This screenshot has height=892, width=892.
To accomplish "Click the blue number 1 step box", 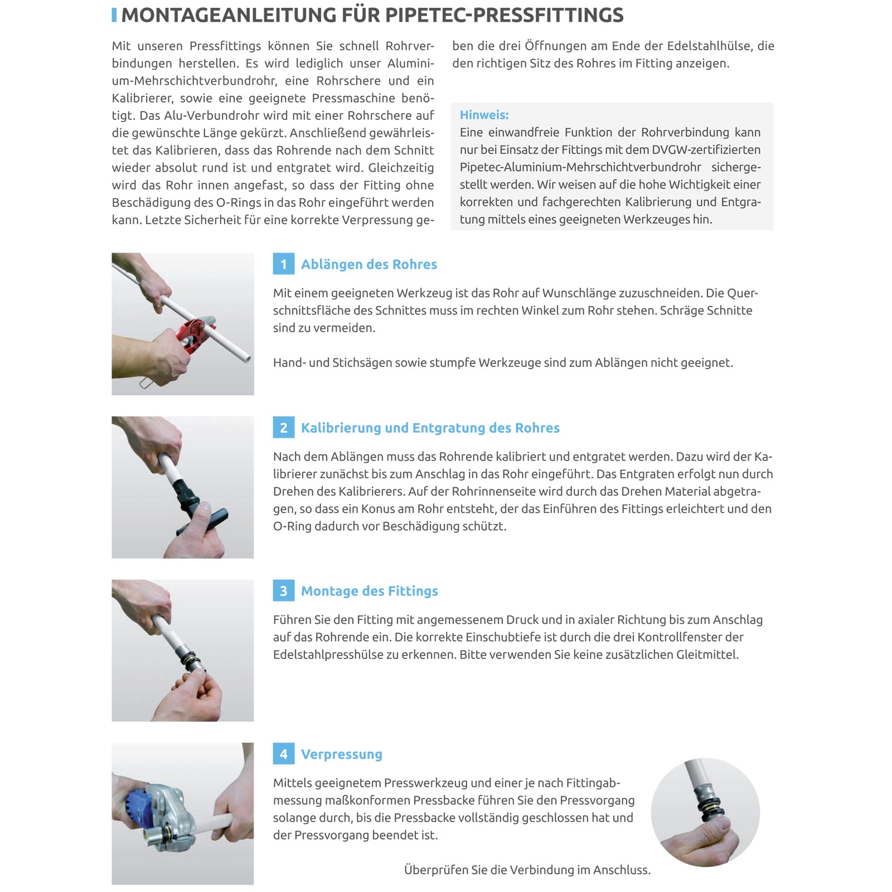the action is pos(283,264).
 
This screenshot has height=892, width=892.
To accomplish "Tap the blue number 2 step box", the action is pos(283,428).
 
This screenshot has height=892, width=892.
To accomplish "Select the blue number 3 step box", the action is pos(283,591).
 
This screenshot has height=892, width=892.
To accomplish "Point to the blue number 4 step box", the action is pos(283,754).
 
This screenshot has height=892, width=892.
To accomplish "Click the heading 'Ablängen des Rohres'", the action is pos(369,264).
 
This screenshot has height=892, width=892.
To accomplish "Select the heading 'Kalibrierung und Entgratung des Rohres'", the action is pos(430,428).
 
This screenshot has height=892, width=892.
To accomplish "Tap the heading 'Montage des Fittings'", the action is pos(370,591).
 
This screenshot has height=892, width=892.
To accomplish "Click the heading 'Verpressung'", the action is pos(342,754).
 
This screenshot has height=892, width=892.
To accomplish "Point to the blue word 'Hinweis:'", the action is pos(484,115).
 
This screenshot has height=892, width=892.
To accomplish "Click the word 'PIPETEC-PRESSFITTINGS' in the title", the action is pos(505,15).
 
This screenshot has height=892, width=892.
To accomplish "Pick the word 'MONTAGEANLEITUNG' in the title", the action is pos(229,15).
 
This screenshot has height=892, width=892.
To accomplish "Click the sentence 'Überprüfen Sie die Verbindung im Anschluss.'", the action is pos(527,870).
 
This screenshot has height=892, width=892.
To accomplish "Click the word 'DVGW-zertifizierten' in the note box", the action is pos(706,149).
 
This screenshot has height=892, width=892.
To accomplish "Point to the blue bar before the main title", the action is pos(114,15).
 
